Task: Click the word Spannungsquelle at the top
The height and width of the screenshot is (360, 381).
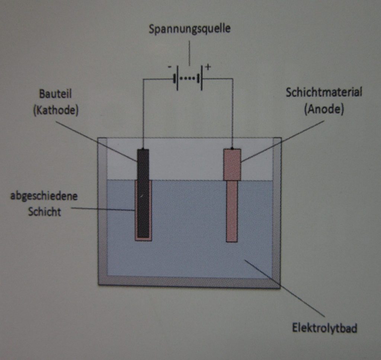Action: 189,29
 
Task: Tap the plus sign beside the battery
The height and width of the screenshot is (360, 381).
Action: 208,67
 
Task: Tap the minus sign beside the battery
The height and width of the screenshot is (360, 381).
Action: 170,68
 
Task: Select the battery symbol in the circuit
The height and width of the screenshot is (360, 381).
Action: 189,79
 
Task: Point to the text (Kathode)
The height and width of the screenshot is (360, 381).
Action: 55,111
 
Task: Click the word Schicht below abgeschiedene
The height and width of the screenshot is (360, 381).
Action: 44,212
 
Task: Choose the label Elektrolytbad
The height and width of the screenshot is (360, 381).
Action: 324,328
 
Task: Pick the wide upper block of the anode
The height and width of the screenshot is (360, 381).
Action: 232,164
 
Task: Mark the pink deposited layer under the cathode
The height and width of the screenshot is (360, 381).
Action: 143,238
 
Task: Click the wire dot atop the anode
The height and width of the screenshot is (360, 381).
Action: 232,148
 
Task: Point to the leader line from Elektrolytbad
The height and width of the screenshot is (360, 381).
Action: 286,290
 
